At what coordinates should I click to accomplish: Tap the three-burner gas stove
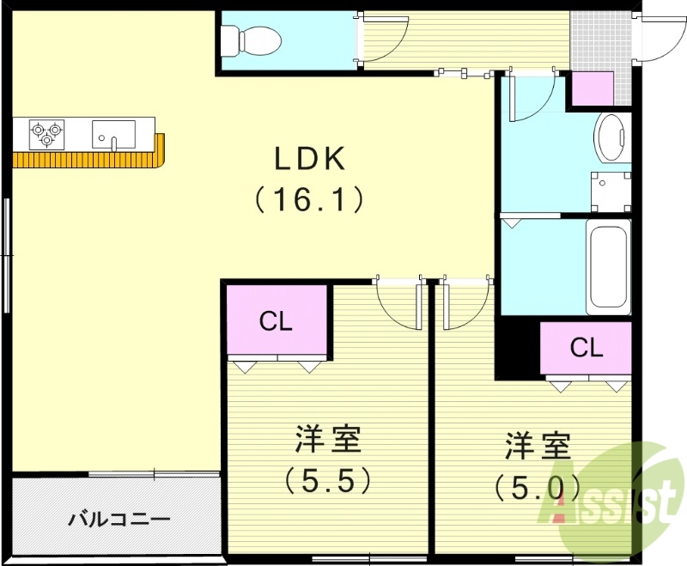[x=46, y=131]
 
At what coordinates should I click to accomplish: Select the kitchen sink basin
[x=113, y=134]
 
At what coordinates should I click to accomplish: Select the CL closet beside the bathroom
[x=587, y=348]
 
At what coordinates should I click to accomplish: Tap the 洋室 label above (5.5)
[x=328, y=441]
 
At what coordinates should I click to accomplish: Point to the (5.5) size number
[x=328, y=479]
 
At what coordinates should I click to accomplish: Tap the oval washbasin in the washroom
[x=612, y=137]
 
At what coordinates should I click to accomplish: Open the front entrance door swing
[x=657, y=39]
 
